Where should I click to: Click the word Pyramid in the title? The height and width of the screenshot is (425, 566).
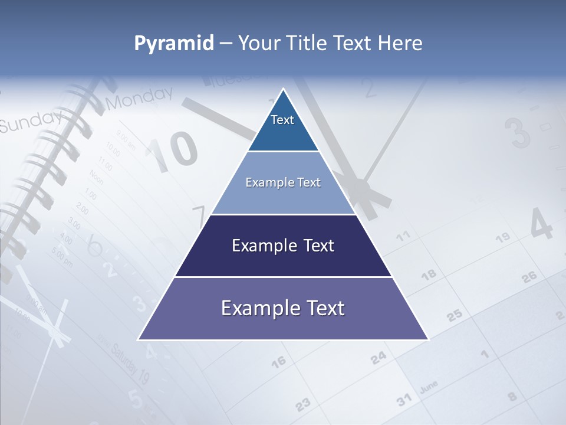(x=174, y=44)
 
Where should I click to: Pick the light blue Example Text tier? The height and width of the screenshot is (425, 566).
(x=283, y=182)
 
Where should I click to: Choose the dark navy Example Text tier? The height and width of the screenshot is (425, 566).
(x=283, y=246)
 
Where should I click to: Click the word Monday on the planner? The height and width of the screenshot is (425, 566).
(x=140, y=98)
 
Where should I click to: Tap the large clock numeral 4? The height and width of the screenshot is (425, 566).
(x=541, y=223)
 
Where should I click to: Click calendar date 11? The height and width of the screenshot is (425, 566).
(x=403, y=237)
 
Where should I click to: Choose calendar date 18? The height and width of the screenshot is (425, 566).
(x=429, y=274)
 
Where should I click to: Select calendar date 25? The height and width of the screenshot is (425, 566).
(x=454, y=315)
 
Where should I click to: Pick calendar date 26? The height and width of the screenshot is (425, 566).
(x=529, y=276)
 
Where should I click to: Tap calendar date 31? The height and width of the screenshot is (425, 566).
(x=404, y=400)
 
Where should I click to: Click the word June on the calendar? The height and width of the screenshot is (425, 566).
(x=429, y=387)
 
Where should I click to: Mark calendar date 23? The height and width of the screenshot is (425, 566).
(x=302, y=404)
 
